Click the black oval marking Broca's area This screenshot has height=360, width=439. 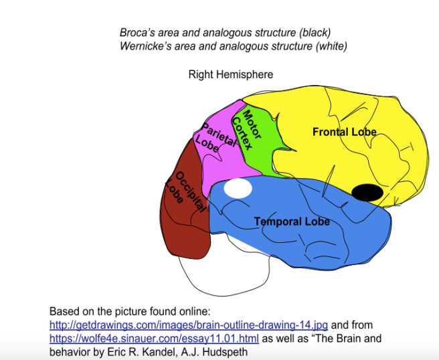[x=367, y=193]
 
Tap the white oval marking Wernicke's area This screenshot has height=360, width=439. [x=238, y=188]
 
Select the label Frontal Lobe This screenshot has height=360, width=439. [x=344, y=132]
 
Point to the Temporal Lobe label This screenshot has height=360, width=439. [x=292, y=221]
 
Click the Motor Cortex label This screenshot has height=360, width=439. [x=248, y=129]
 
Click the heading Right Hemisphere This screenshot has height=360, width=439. [x=230, y=74]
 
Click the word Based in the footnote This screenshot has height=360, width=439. [x=64, y=312]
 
